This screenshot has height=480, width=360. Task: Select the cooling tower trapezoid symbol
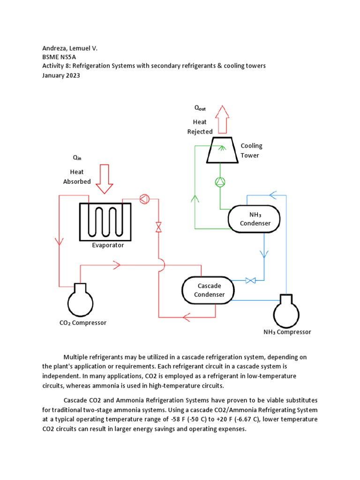click(x=222, y=150)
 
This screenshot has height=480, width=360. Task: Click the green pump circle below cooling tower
click(x=220, y=182)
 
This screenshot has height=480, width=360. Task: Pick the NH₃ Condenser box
click(x=255, y=218)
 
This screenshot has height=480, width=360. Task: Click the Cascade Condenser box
click(x=208, y=290)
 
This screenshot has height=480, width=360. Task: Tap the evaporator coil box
click(x=105, y=221)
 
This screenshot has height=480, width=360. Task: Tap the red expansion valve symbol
click(x=158, y=227)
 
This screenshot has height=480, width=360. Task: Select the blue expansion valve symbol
click(x=250, y=281)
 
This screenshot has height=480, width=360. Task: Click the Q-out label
click(x=200, y=108)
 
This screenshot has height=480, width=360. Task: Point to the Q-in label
click(x=77, y=157)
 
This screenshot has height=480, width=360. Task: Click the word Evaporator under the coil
click(x=108, y=245)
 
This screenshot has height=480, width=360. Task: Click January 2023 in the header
click(x=61, y=75)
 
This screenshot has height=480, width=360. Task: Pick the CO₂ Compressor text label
click(x=82, y=322)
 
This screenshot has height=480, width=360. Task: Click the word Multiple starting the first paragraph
click(x=76, y=357)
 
